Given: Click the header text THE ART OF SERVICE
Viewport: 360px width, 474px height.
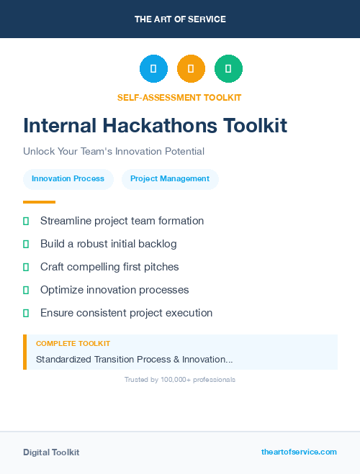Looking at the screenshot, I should tap(180, 19).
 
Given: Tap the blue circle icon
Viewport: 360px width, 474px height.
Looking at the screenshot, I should tap(153, 69).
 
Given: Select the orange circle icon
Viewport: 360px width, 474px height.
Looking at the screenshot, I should tap(191, 69).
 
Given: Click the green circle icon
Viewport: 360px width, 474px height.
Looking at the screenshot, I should tap(228, 69).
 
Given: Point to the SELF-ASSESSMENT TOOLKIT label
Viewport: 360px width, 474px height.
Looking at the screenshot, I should tap(179, 97).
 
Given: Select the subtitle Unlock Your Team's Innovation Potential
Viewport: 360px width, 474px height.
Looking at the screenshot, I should tap(114, 152).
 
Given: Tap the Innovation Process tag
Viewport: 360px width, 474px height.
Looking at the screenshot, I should tap(68, 179).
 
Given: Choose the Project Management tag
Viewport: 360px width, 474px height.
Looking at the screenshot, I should tap(170, 179).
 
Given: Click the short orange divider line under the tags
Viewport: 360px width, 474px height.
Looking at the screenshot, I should tap(39, 202).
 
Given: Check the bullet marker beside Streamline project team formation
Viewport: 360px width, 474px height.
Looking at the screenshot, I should tap(26, 222).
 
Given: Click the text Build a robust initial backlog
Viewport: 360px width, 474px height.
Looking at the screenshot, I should tap(108, 244).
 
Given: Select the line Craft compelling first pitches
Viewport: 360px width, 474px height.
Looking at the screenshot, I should tap(109, 267).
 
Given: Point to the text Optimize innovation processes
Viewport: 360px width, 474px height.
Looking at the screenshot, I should tap(114, 290).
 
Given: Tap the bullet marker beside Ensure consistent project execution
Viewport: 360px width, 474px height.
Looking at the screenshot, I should tap(26, 313).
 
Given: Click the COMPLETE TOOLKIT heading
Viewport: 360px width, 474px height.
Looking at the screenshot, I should tap(73, 344).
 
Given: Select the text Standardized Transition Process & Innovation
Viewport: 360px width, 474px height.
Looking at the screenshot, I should tap(134, 359).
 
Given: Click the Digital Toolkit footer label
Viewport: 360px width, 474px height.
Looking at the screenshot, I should tap(51, 452).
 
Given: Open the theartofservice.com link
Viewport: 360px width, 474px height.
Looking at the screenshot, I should tap(299, 452).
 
